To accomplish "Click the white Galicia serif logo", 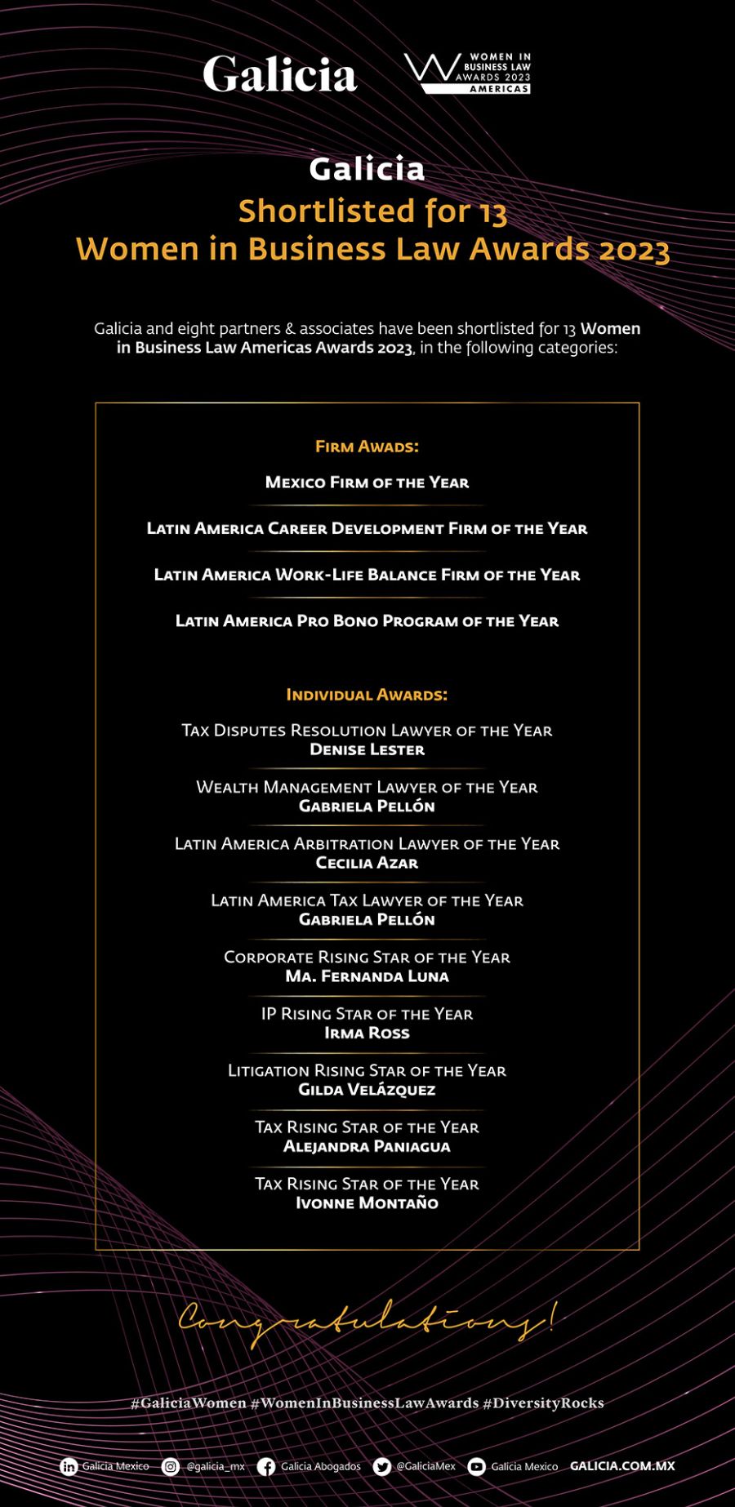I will click(x=279, y=74).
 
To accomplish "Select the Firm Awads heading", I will click(x=367, y=447).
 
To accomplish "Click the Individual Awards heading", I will click(x=367, y=695).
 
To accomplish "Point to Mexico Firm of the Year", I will click(x=367, y=482).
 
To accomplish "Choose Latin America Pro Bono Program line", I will click(x=367, y=621).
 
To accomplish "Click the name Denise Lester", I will click(x=367, y=749).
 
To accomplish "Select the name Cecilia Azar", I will click(x=367, y=863).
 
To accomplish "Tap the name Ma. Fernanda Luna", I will click(x=367, y=976).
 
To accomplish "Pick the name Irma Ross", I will click(x=367, y=1033).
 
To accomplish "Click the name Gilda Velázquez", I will click(x=367, y=1090).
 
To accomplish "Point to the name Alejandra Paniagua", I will click(x=367, y=1146).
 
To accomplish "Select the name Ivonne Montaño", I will click(x=367, y=1203).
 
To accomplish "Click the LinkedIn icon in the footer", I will click(x=69, y=1467).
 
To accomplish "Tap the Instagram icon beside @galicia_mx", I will click(x=171, y=1467).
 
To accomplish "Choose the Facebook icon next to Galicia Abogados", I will click(x=266, y=1467).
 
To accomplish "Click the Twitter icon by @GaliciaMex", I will click(x=381, y=1467).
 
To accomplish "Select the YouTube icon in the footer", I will click(x=477, y=1467).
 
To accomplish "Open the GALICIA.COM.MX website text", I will click(x=622, y=1466).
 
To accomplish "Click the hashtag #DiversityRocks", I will click(x=543, y=1403).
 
